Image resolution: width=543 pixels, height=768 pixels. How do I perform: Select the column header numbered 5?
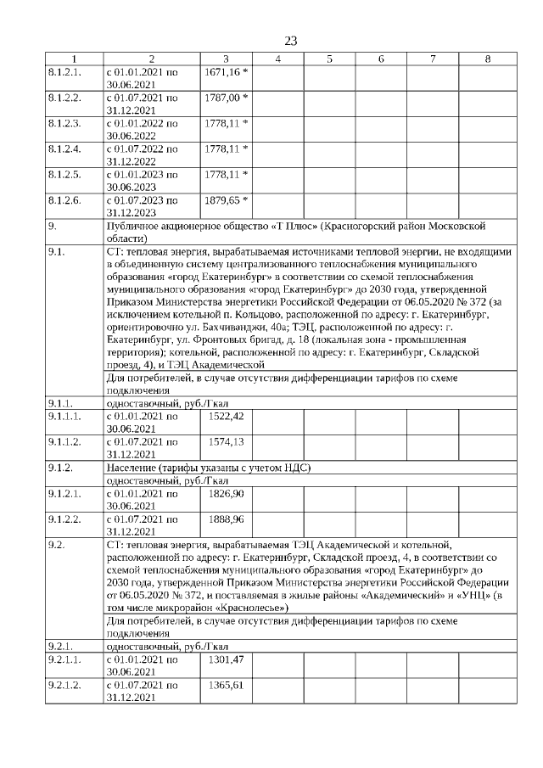click(329, 59)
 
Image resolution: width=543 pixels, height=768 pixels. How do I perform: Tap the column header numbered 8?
click(487, 59)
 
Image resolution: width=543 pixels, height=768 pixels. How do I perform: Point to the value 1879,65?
click(222, 200)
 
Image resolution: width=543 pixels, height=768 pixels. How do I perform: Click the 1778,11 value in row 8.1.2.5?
click(222, 175)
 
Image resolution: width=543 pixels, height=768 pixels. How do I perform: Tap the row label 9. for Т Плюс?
click(53, 227)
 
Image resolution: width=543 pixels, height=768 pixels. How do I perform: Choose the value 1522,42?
click(225, 416)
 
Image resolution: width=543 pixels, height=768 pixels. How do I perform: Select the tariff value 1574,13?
click(225, 441)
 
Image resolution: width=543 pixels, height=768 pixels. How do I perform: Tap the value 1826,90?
click(225, 493)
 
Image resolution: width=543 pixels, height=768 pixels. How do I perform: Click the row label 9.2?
click(56, 544)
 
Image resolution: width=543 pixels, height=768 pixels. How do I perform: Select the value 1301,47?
click(225, 659)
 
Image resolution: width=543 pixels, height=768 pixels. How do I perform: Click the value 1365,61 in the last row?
click(225, 685)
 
